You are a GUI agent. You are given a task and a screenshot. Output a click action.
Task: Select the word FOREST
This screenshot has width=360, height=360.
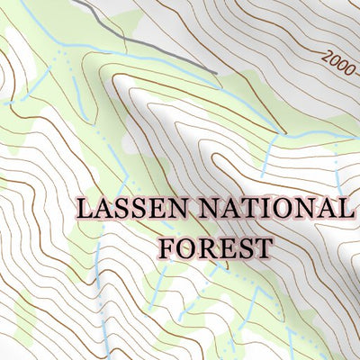click(215, 246)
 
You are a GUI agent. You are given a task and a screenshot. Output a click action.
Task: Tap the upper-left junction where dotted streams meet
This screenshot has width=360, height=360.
click(62, 57)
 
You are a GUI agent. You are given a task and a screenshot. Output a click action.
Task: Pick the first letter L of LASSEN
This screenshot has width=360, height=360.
click(85, 209)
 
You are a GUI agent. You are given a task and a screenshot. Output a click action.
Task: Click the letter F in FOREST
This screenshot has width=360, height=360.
click(167, 246)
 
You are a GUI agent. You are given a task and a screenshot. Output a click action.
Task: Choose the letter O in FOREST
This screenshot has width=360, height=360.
click(186, 246)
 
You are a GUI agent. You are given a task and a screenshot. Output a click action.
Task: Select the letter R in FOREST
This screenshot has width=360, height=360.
click(206, 246)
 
